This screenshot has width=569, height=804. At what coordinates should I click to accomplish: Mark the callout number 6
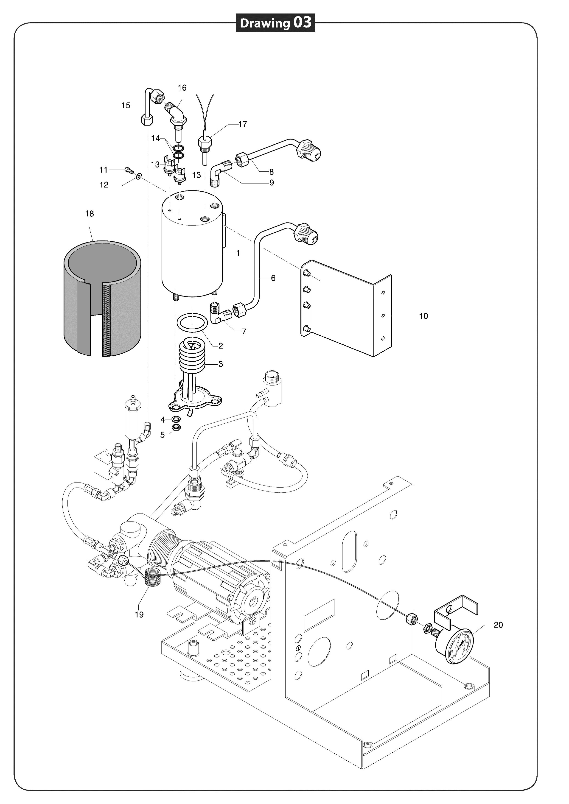[x=273, y=278]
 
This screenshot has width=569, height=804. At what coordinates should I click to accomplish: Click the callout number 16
[x=182, y=88]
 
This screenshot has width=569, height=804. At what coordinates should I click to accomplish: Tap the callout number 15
[x=126, y=105]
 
